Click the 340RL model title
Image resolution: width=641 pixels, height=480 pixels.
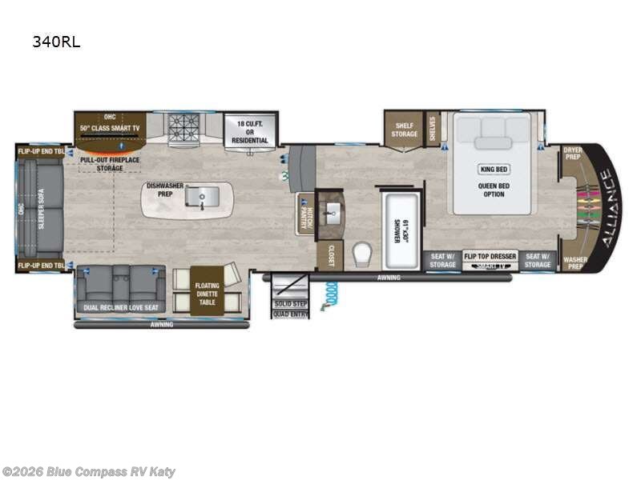pyautogui.click(x=56, y=42)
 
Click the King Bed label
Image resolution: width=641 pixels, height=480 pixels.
pyautogui.click(x=494, y=170)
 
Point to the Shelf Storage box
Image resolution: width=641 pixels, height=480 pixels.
pyautogui.click(x=404, y=130)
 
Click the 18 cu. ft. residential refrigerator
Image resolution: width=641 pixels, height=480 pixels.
pyautogui.click(x=249, y=129)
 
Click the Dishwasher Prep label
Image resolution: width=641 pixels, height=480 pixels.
pyautogui.click(x=164, y=190)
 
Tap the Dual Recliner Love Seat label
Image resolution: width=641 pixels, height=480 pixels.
pyautogui.click(x=120, y=307)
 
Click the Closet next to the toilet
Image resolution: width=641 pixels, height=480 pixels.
pyautogui.click(x=329, y=255)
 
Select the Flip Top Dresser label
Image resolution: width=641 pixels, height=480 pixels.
pyautogui.click(x=490, y=256)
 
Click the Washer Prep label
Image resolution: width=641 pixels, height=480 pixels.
pyautogui.click(x=574, y=262)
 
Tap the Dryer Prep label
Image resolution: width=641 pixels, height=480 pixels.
pyautogui.click(x=572, y=152)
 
